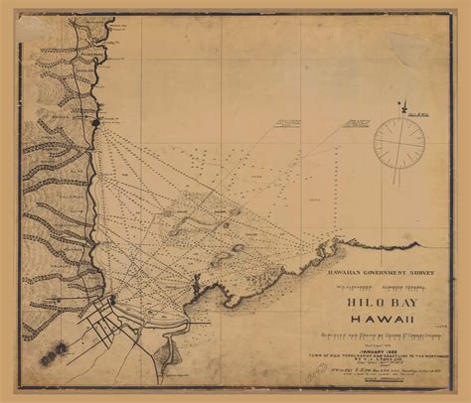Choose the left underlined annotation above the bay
click(x=288, y=125)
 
